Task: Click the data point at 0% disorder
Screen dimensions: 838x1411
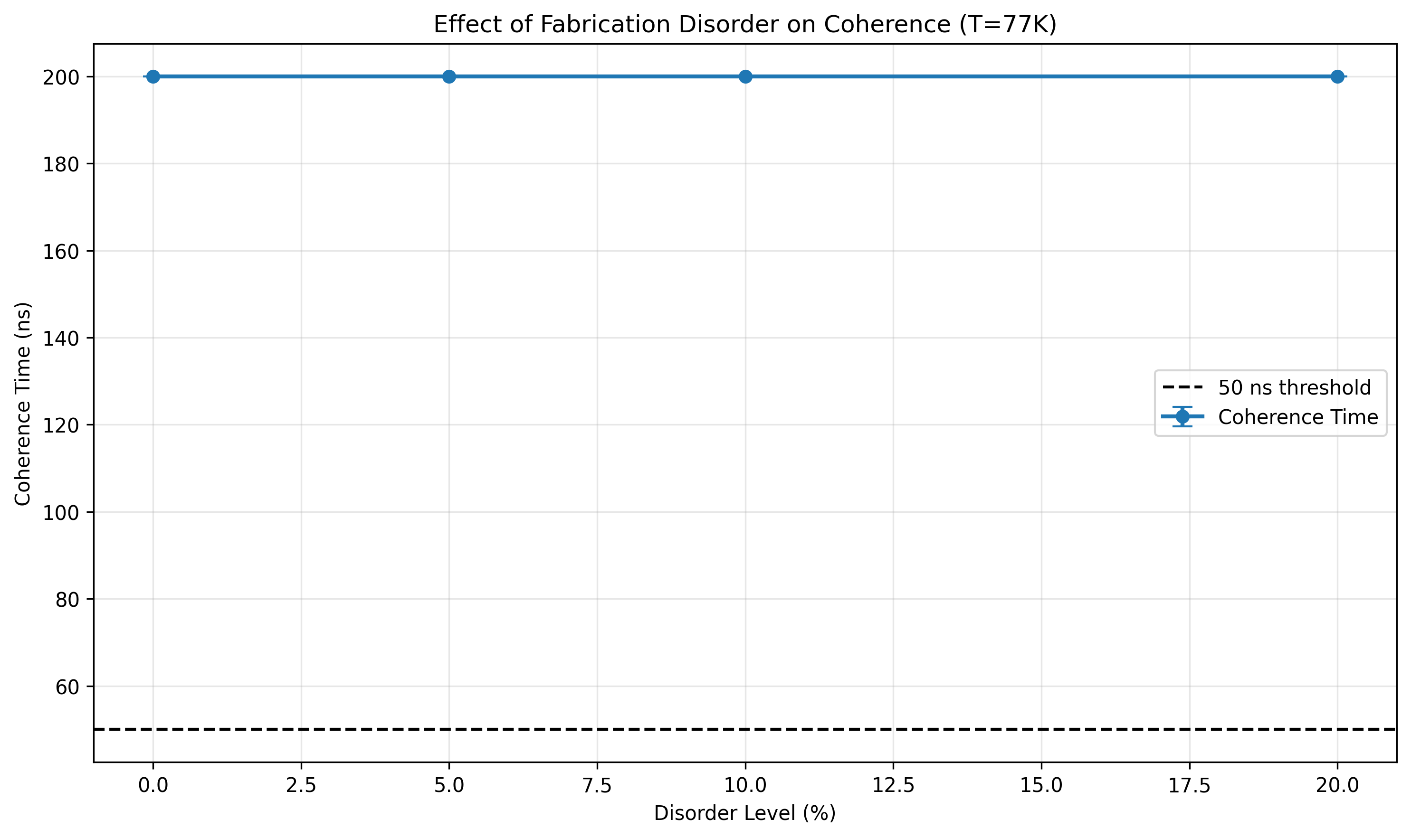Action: [x=153, y=77]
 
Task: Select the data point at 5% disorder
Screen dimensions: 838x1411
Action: [x=448, y=77]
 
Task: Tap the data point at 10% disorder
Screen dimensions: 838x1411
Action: [x=745, y=77]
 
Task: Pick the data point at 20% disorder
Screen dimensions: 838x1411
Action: [x=1337, y=77]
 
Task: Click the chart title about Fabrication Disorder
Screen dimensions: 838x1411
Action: [x=745, y=25]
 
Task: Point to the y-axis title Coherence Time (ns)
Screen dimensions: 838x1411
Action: [x=23, y=405]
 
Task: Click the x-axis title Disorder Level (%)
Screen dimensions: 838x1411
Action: [x=745, y=813]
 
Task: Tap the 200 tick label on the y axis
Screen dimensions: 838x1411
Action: [x=61, y=78]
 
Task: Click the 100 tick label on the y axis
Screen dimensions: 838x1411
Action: [x=61, y=513]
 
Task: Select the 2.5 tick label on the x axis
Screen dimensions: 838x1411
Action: [x=301, y=785]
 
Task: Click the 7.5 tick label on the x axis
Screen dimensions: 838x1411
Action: [x=597, y=785]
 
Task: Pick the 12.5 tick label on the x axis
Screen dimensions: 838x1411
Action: [x=893, y=785]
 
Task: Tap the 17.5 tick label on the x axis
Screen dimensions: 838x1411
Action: [x=1190, y=785]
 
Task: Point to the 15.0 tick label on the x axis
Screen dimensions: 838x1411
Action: [x=1041, y=785]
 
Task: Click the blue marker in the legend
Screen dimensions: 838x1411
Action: [x=1182, y=417]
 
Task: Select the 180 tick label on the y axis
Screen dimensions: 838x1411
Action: [x=61, y=165]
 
